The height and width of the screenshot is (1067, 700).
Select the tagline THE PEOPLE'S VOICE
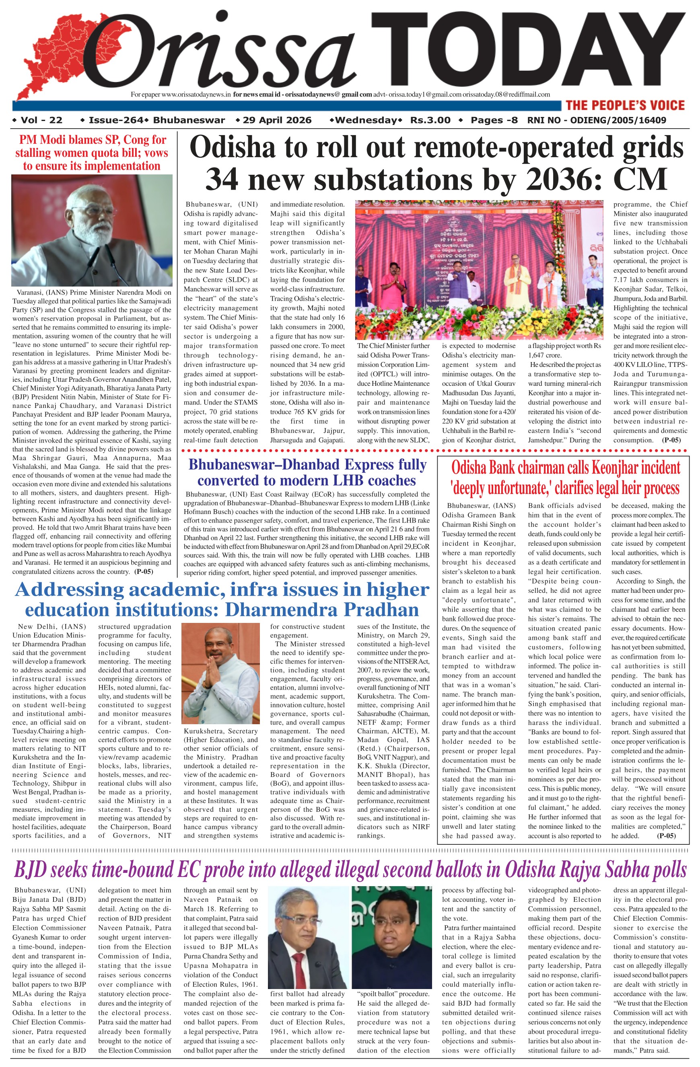625,105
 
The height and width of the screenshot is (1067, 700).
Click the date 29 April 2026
277,120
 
